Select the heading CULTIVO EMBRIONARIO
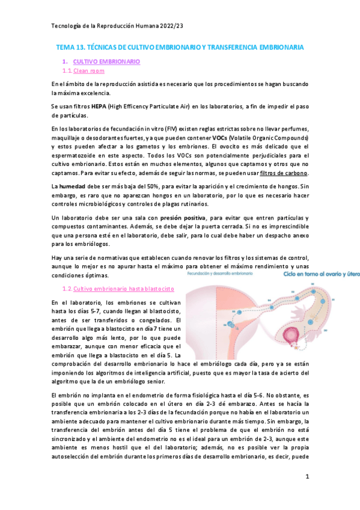click(106, 61)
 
